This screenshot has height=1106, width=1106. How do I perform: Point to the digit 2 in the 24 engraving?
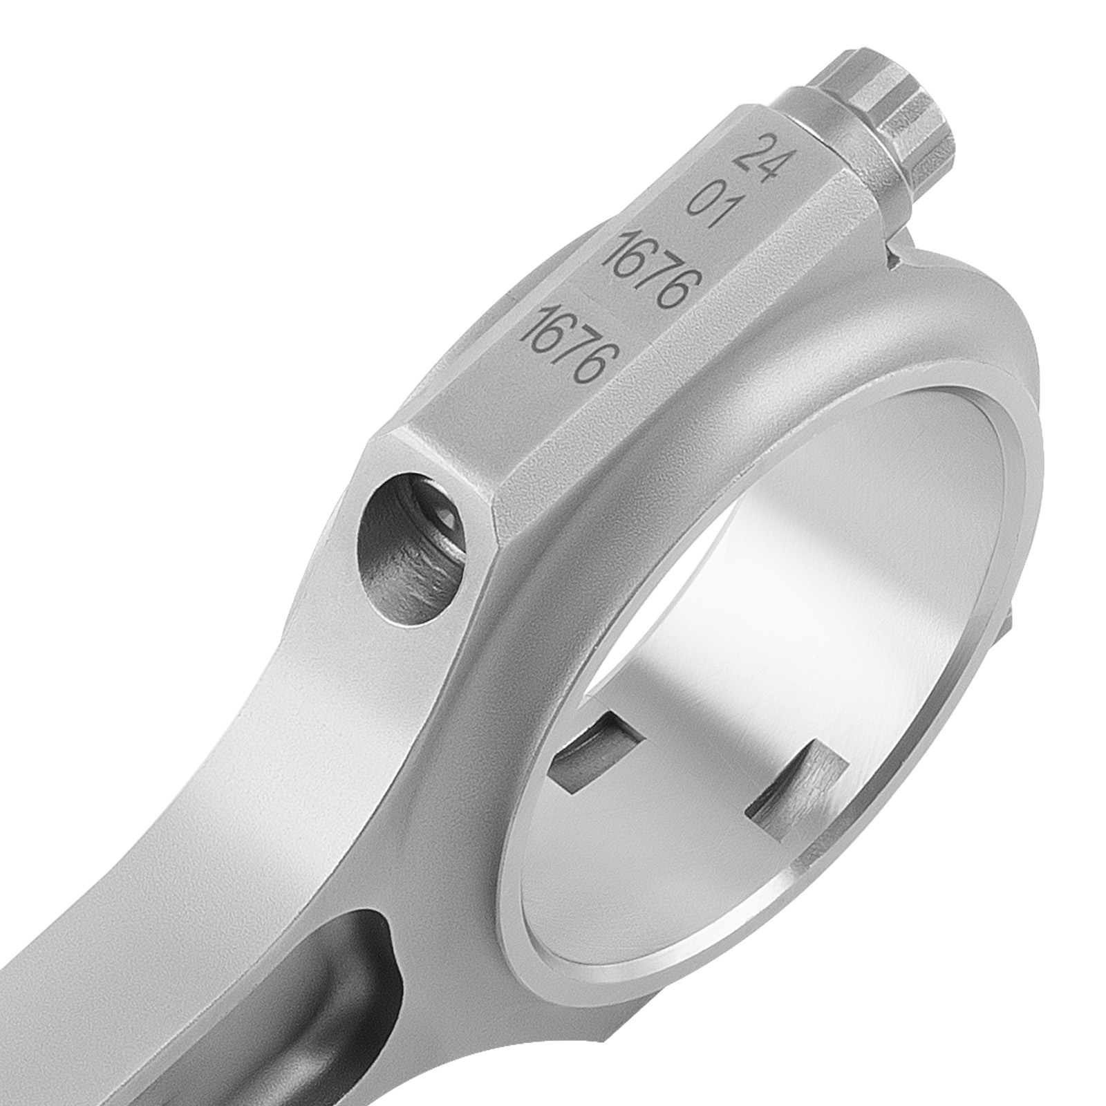point(745,148)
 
